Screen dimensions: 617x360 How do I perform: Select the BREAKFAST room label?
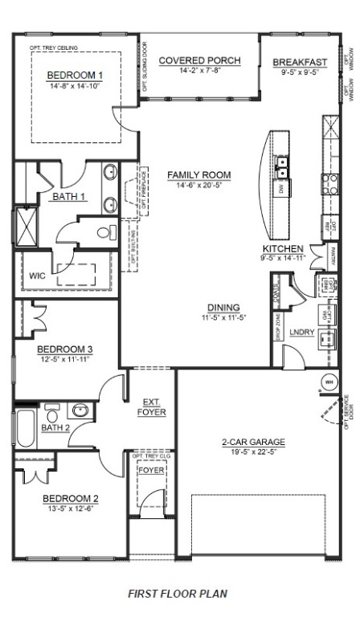tap(300, 62)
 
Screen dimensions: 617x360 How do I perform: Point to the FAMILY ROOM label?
tap(198, 174)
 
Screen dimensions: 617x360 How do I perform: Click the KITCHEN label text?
tap(282, 248)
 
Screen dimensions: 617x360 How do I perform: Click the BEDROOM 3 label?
tap(66, 349)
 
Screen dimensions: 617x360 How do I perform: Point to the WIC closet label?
tap(37, 276)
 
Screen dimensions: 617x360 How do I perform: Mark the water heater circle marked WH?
tap(329, 381)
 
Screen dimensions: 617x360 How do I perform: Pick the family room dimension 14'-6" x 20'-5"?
tap(198, 185)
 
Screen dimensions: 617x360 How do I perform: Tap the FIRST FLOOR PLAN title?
tap(178, 594)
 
